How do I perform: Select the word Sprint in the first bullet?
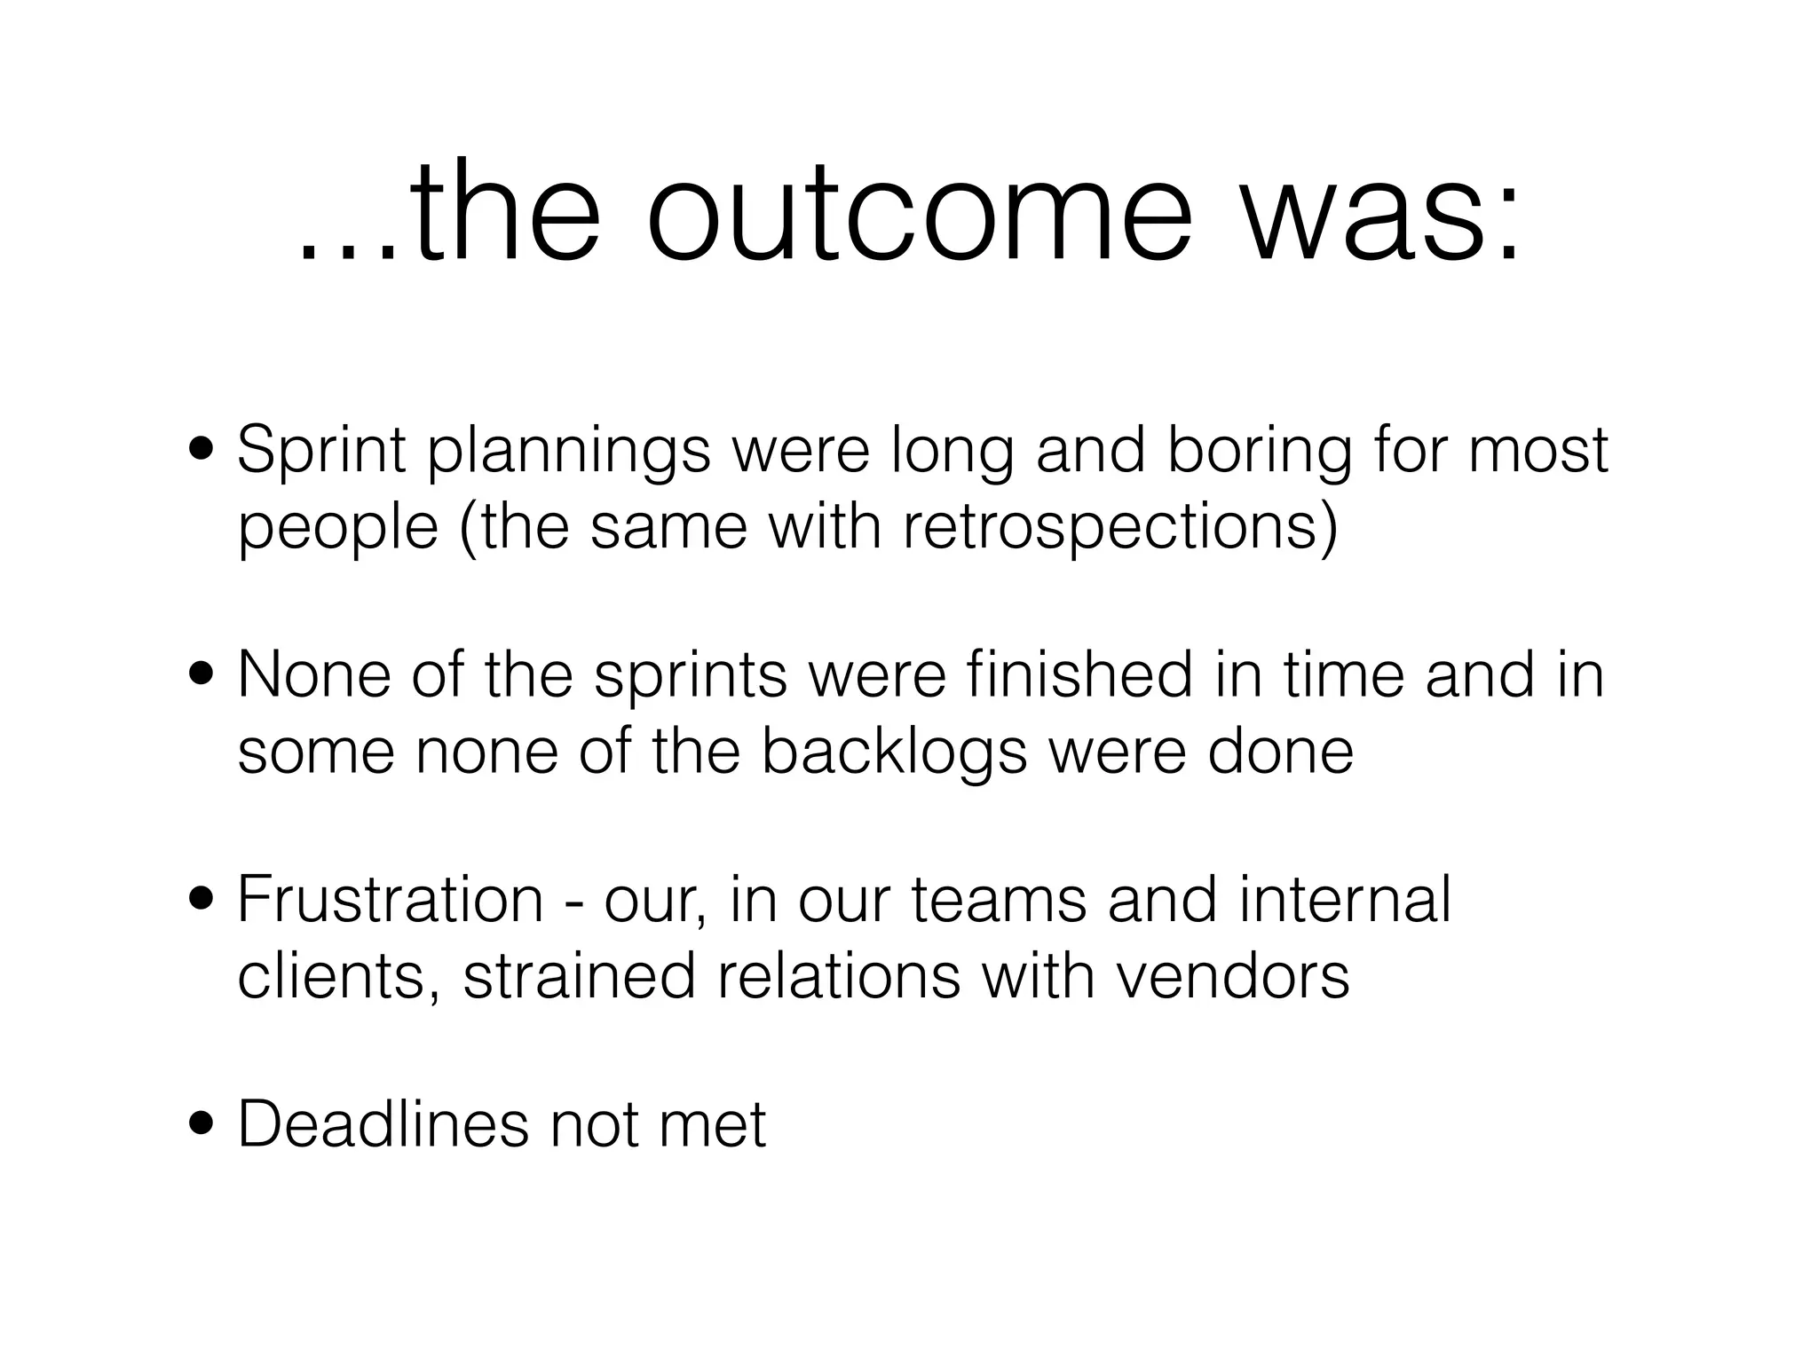point(321,451)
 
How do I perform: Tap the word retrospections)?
point(1119,527)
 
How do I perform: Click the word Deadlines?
point(382,1124)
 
